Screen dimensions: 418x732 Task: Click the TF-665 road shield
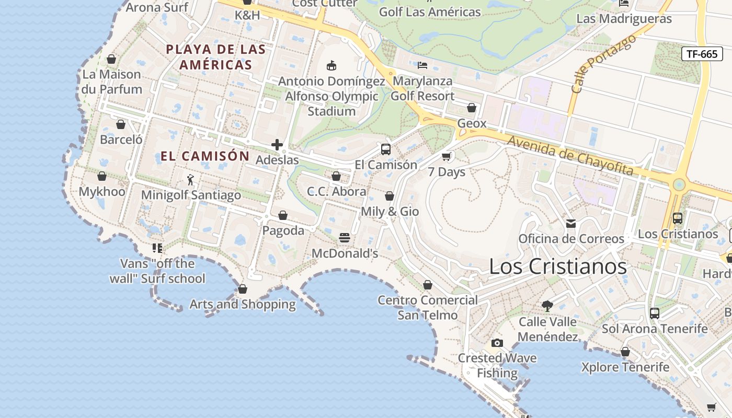click(702, 54)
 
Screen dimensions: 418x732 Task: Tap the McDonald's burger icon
click(344, 238)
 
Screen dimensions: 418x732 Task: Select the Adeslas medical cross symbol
click(277, 145)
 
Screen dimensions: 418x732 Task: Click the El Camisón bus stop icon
click(386, 149)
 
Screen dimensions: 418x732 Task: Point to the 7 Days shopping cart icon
click(446, 156)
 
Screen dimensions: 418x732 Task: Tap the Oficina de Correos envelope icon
click(571, 224)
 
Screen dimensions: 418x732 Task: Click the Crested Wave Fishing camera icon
click(497, 343)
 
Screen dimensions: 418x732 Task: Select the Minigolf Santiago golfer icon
click(190, 180)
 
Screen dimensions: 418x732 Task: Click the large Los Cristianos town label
click(557, 266)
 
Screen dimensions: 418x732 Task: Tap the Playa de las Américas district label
click(216, 57)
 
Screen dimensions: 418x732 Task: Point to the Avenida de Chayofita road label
click(570, 156)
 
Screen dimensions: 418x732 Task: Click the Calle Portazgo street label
click(603, 64)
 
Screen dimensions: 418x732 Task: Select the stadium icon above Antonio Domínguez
click(331, 66)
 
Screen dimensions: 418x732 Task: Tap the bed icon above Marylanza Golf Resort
click(422, 65)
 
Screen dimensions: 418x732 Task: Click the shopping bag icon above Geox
click(472, 108)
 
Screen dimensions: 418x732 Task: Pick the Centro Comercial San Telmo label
click(428, 307)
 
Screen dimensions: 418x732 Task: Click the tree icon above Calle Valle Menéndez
click(547, 306)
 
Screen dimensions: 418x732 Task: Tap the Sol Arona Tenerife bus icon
click(655, 313)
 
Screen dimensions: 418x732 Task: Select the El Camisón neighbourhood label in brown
click(205, 156)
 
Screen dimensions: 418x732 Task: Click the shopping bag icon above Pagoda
click(283, 215)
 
